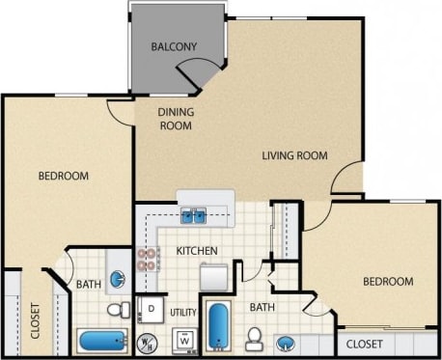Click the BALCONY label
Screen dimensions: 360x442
pyautogui.click(x=174, y=46)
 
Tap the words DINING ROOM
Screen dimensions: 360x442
pyautogui.click(x=177, y=118)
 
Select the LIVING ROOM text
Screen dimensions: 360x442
pyautogui.click(x=295, y=155)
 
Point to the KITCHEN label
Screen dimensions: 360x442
pyautogui.click(x=196, y=251)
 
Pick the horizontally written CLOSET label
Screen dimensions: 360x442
pyautogui.click(x=364, y=344)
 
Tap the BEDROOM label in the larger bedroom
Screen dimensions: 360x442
pyautogui.click(x=64, y=176)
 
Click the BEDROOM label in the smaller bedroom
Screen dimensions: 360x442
pyautogui.click(x=388, y=282)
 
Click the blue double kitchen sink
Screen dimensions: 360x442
pyautogui.click(x=193, y=216)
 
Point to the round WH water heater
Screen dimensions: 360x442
pyautogui.click(x=148, y=341)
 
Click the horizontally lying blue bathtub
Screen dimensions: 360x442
pyautogui.click(x=100, y=340)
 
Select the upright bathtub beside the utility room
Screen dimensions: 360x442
pyautogui.click(x=218, y=324)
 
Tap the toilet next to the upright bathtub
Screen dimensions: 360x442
pyautogui.click(x=255, y=338)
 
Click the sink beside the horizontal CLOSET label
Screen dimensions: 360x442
pyautogui.click(x=286, y=343)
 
